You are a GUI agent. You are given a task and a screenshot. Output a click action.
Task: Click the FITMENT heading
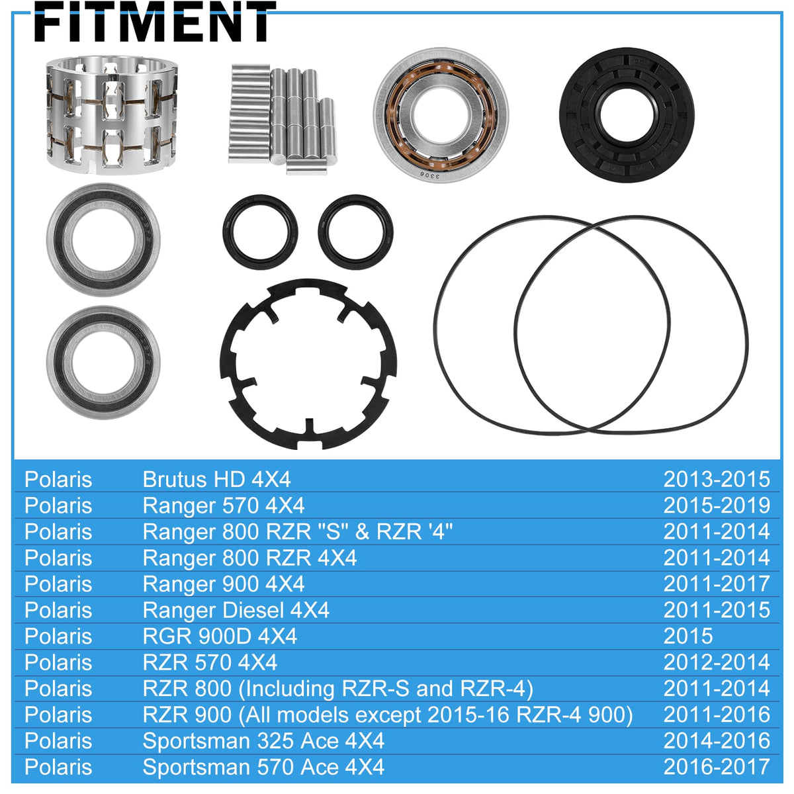155,21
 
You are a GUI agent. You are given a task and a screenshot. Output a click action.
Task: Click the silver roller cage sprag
112,115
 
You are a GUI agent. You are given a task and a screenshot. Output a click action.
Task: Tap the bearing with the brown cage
441,113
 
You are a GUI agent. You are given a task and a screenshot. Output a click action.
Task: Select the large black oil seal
627,114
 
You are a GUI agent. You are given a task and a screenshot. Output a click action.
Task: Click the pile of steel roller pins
283,118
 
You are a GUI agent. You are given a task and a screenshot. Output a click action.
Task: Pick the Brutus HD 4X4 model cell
217,480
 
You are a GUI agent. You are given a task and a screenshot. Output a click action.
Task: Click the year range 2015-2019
717,506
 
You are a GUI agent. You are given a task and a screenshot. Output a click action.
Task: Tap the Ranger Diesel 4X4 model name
236,610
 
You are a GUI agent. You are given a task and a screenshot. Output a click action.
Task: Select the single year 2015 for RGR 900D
688,636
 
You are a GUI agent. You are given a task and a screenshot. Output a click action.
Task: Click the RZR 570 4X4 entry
210,662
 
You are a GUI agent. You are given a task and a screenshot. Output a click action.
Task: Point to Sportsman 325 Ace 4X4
264,741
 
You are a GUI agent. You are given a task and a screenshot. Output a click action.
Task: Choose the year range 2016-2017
717,767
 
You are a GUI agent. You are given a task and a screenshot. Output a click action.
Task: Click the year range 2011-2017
717,584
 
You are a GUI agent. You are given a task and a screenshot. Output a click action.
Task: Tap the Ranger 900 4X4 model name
224,584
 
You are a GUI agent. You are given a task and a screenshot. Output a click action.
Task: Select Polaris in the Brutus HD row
58,480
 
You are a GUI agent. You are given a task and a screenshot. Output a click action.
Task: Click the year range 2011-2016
717,715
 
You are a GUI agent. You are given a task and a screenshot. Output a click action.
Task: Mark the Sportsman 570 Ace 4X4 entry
264,767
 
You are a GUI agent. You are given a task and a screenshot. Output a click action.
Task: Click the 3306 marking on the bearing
430,175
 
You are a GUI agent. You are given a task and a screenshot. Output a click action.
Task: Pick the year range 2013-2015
717,480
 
